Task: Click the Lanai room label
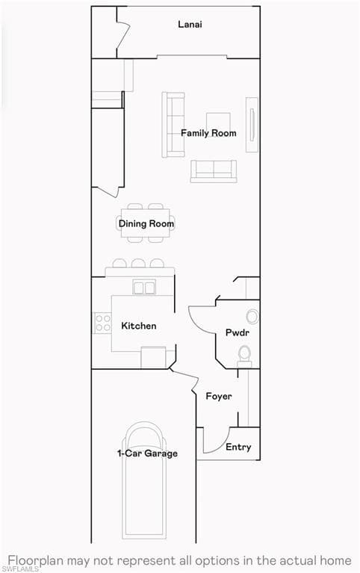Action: (190, 25)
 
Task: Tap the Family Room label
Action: (208, 133)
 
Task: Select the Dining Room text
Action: (146, 223)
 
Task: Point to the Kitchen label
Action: (138, 326)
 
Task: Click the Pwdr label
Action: (238, 332)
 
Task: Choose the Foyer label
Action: (219, 396)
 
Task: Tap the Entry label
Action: (238, 447)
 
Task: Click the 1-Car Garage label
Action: (147, 453)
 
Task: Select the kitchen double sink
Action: (144, 287)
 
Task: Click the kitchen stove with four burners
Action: (102, 323)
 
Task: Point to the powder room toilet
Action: (244, 356)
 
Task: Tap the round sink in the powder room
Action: (252, 317)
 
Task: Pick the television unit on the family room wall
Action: (252, 125)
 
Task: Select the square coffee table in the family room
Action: (218, 123)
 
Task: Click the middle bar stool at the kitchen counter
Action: (138, 263)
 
